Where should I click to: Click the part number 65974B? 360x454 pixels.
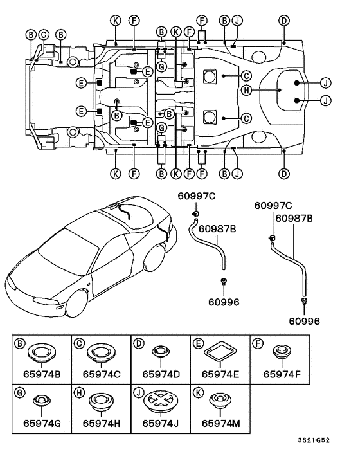pos(42,374)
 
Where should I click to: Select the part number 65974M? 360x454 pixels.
pos(221,424)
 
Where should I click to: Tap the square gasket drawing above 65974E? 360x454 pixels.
pos(221,352)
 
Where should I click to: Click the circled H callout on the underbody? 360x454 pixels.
pos(246,90)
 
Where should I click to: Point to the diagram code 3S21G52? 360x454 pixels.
pos(314,440)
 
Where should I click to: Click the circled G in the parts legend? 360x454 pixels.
pos(20,393)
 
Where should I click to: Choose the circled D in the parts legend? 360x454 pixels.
pos(139,343)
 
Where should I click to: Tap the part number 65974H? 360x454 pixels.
pos(102,424)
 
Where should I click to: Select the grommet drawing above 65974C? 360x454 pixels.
pos(102,353)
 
